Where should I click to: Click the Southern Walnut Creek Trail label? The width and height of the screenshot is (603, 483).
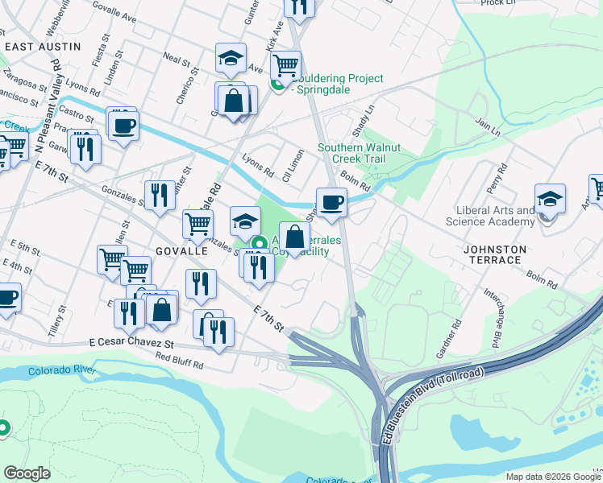tap(360, 153)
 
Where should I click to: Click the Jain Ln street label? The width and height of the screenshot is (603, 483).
tap(488, 126)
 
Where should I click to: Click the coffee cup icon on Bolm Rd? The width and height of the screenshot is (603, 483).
tap(331, 202)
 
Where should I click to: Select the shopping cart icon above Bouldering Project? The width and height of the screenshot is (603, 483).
tap(285, 64)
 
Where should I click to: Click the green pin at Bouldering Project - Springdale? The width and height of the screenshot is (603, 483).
tap(277, 84)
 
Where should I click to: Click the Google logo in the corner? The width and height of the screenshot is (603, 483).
tap(27, 473)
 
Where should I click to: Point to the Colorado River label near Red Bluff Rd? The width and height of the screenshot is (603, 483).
tap(62, 371)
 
